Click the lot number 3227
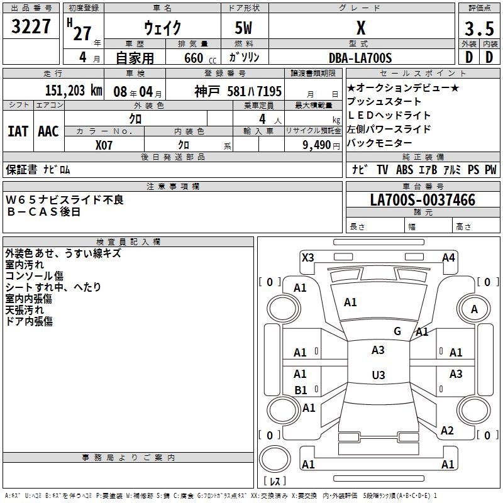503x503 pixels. pos(31,27)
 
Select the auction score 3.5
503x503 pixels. pos(478,29)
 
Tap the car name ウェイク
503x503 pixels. pos(162,27)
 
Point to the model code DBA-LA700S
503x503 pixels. pos(360,58)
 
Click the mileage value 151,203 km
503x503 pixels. pos(74,90)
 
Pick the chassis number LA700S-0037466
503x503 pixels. pos(422,200)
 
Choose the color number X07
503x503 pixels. pos(104,144)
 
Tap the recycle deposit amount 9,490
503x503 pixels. pos(316,144)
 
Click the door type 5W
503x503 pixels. pos(245,28)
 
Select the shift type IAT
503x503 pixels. pos(18,131)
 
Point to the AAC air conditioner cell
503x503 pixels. pos(48,131)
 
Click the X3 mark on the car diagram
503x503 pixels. pos(308,257)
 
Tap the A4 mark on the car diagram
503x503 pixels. pos(448,257)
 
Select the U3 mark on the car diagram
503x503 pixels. pos(378,375)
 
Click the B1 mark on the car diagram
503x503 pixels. pos(301,390)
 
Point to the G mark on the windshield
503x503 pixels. pos(397,331)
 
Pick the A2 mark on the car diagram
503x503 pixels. pos(447,431)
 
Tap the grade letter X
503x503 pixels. pos(360,28)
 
